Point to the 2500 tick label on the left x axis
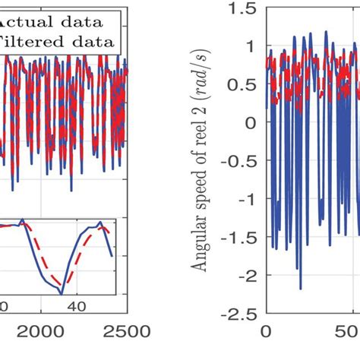pos(125,331)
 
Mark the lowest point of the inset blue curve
pos(62,294)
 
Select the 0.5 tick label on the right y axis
pos(245,84)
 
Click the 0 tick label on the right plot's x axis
pos(265,331)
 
